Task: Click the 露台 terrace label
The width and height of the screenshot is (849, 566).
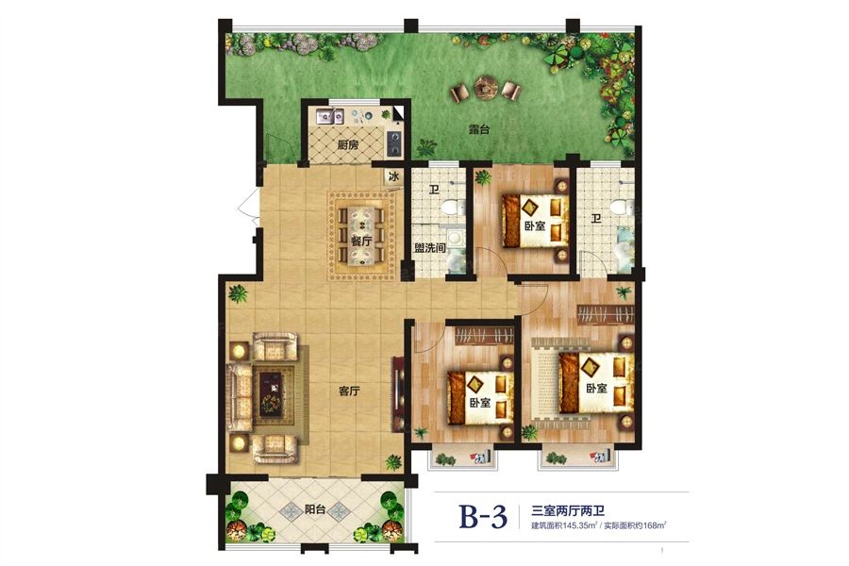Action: [478, 130]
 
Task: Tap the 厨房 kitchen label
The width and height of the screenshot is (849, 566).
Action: [347, 145]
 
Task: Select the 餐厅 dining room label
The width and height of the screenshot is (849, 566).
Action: [360, 241]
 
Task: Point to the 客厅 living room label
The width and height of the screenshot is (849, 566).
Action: [350, 391]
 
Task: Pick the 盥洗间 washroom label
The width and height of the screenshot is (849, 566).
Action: [430, 248]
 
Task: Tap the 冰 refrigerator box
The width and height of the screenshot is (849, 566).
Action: [393, 177]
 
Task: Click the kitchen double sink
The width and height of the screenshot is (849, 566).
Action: [329, 116]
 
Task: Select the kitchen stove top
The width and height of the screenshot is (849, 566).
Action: [393, 143]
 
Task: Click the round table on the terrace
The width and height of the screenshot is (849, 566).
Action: [483, 86]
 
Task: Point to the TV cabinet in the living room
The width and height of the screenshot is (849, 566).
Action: [397, 393]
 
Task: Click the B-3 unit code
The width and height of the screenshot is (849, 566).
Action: [483, 517]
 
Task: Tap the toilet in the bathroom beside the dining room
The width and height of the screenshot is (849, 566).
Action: [451, 208]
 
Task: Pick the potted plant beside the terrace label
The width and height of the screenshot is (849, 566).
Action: [426, 146]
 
